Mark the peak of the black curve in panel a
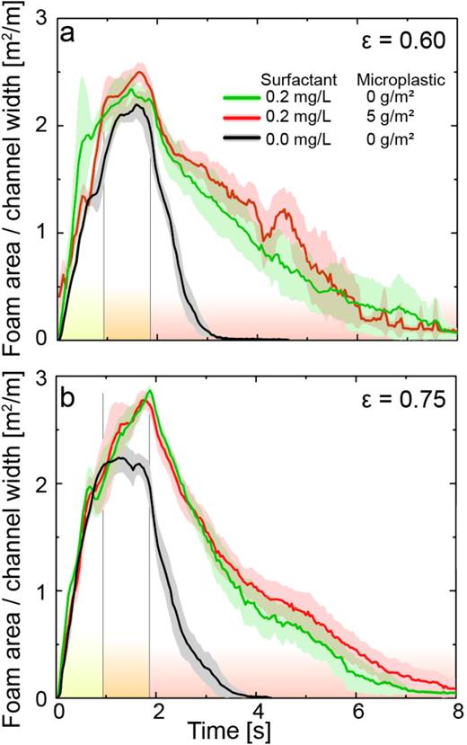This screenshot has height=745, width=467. pyautogui.click(x=137, y=105)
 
